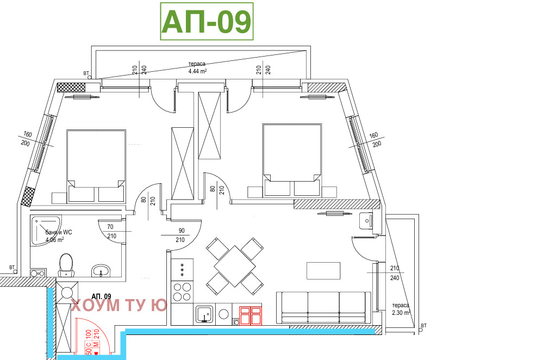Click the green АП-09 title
click(207, 22)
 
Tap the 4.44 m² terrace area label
click(197, 71)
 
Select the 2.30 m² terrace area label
click(401, 313)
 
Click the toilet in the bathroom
click(66, 265)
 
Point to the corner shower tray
click(46, 231)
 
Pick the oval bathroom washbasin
click(101, 270)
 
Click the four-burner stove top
click(182, 291)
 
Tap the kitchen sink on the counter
click(205, 314)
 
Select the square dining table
click(235, 266)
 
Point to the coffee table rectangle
click(323, 271)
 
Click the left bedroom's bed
click(96, 166)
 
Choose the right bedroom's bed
click(292, 160)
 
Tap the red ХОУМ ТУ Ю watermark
click(119, 306)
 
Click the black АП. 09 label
click(101, 296)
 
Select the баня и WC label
click(59, 232)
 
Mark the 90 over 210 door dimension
click(181, 235)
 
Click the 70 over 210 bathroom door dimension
click(111, 232)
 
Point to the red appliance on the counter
click(251, 315)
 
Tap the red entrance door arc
click(93, 336)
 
